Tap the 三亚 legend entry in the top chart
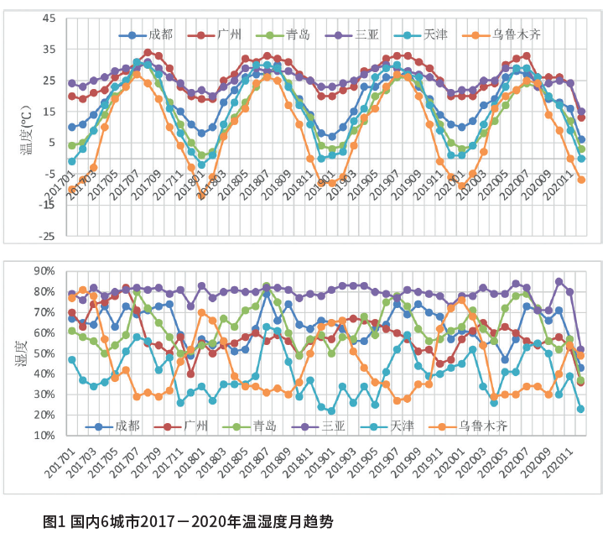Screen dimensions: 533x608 tap(367, 34)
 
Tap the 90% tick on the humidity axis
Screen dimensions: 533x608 tap(43, 271)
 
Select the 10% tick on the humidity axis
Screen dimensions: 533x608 tap(43, 436)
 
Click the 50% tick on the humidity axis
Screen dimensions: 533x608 tap(43, 353)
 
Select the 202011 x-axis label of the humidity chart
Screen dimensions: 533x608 tap(561, 462)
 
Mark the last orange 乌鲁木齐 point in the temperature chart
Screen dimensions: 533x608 tap(581, 180)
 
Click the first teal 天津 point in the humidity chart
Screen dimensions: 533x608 tap(72, 359)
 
